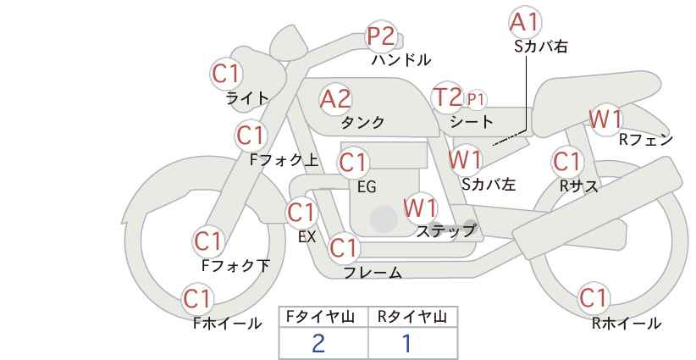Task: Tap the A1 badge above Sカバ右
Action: (x=525, y=22)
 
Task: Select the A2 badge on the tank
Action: (x=335, y=99)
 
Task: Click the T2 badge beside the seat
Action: (x=447, y=97)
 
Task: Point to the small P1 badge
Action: (x=475, y=100)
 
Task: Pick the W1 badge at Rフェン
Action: (x=605, y=119)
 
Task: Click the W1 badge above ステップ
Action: (x=420, y=208)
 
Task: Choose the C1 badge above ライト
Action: (x=226, y=74)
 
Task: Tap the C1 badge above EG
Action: (x=353, y=163)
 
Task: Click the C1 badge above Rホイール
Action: (x=594, y=297)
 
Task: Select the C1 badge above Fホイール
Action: (x=197, y=299)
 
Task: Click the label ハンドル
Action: (x=401, y=59)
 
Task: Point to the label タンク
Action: (x=362, y=122)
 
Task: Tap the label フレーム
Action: (x=373, y=273)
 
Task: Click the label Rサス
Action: (x=578, y=186)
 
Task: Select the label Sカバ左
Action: (x=489, y=184)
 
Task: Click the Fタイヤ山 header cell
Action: (x=323, y=317)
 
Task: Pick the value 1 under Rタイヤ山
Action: (x=406, y=343)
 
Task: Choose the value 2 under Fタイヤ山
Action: (x=318, y=343)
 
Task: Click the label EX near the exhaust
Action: (x=307, y=236)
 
